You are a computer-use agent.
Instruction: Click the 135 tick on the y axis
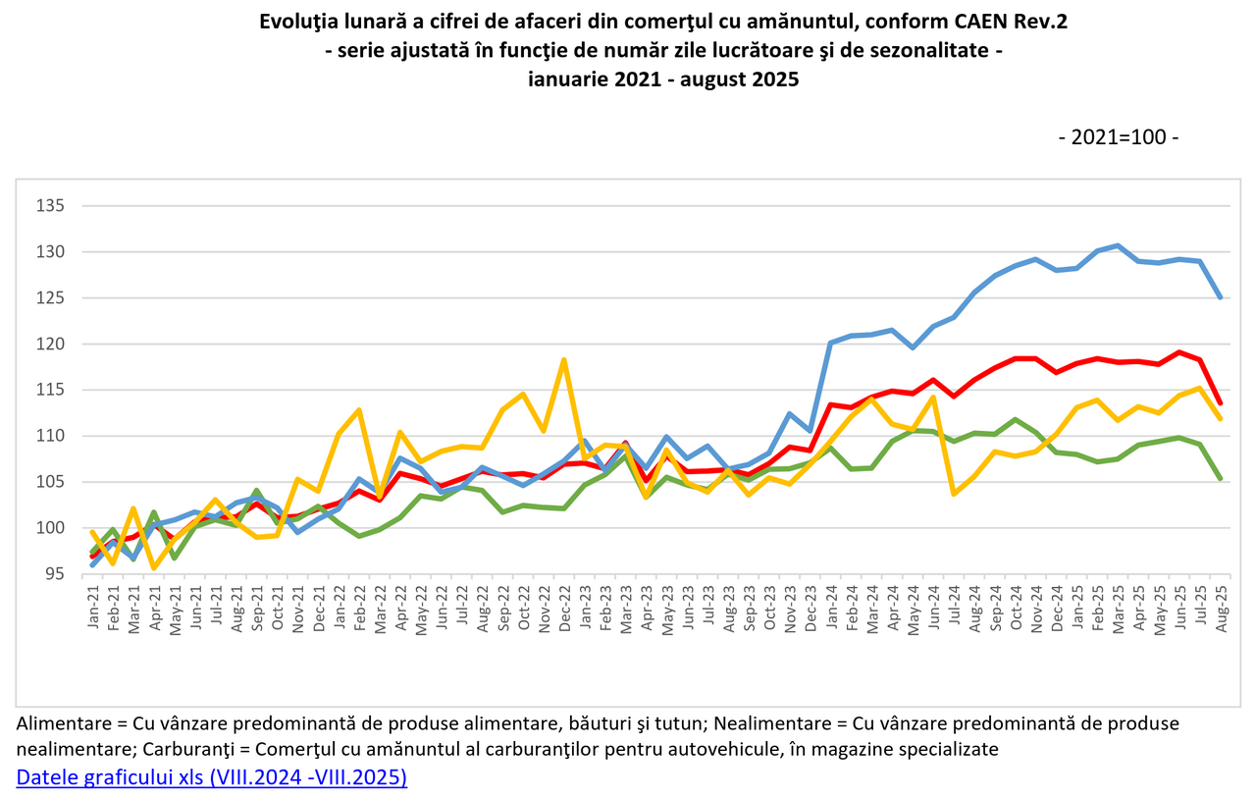[51, 206]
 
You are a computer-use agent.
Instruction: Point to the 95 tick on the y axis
[55, 574]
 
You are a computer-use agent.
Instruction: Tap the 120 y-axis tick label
[51, 345]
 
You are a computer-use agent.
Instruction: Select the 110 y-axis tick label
[51, 436]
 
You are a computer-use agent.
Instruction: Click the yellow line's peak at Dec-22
[564, 359]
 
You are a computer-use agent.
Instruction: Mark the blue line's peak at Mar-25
[1118, 245]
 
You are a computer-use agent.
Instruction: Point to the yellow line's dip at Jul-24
[954, 493]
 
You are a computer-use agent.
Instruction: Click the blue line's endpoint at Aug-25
[1220, 297]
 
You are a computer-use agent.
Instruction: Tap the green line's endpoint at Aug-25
[1220, 478]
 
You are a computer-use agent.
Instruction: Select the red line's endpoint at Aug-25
[1220, 402]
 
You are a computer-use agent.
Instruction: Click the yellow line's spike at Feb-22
[359, 409]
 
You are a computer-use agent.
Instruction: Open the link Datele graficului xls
[211, 777]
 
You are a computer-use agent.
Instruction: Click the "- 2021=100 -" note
[1119, 136]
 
